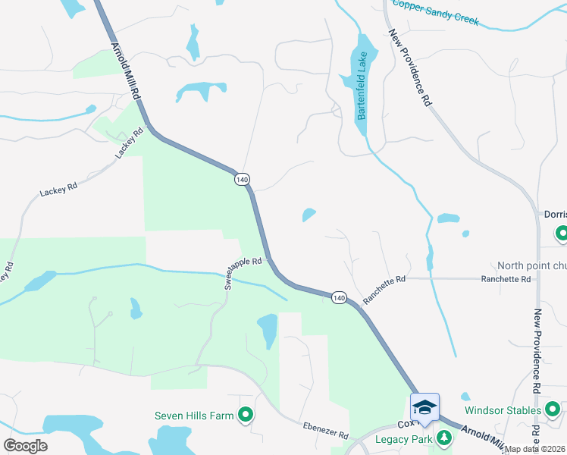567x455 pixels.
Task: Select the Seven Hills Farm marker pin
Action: (x=245, y=415)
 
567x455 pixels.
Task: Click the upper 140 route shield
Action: (x=242, y=179)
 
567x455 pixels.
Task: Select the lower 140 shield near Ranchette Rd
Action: (x=338, y=298)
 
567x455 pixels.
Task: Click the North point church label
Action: (x=531, y=265)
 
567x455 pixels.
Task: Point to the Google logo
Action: (x=25, y=445)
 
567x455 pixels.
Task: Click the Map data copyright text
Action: (x=535, y=449)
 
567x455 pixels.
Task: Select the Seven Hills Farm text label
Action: (x=195, y=415)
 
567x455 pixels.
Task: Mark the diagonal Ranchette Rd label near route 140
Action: (x=384, y=290)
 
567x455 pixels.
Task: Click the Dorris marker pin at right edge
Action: (x=561, y=234)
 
